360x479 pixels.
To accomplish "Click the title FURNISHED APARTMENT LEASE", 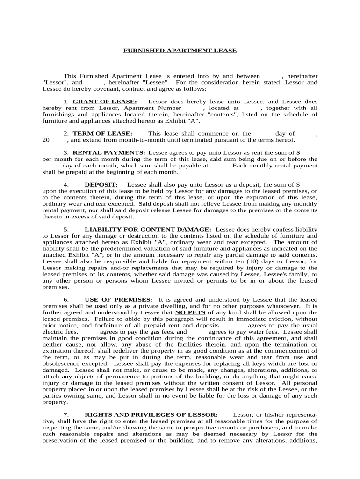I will pyautogui.click(x=180, y=51).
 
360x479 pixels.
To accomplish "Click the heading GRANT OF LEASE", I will pyautogui.click(x=105, y=102).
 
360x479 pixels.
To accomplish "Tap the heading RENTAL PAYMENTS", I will pyautogui.click(x=109, y=152).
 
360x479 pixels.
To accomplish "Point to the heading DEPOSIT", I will pyautogui.click(x=101, y=185).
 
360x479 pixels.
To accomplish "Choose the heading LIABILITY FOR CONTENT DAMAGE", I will pyautogui.click(x=148, y=229).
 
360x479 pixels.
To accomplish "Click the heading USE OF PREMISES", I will pyautogui.click(x=118, y=299).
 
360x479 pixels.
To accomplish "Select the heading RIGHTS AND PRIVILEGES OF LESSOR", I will pyautogui.click(x=151, y=414).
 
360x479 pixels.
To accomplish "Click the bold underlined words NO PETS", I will pyautogui.click(x=190, y=312).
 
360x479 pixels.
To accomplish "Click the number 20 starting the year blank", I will pyautogui.click(x=46, y=140).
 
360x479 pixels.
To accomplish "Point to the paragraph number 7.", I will pyautogui.click(x=66, y=414).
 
